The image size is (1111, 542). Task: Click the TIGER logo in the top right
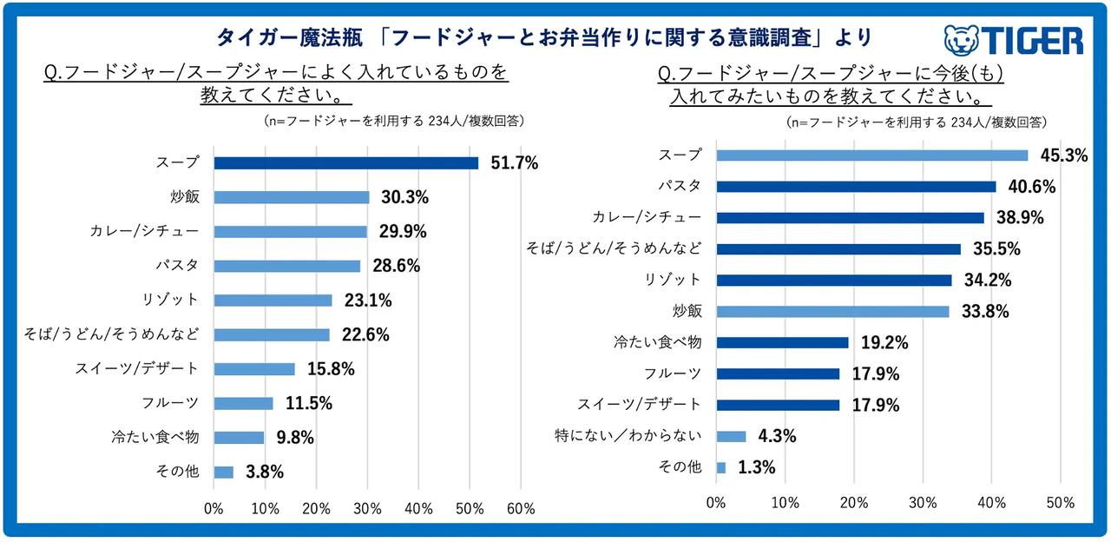click(1013, 41)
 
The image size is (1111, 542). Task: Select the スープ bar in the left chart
click(345, 163)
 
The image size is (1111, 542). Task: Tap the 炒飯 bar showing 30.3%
click(291, 197)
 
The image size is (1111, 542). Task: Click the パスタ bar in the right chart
click(856, 186)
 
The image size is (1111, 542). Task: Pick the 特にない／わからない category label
click(628, 436)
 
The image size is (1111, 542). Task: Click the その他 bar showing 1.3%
click(721, 467)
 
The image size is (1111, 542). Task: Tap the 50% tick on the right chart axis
click(1061, 503)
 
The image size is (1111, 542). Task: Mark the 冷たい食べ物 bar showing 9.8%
click(239, 438)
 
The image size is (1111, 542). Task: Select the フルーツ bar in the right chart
click(778, 373)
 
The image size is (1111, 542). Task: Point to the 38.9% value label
click(1021, 218)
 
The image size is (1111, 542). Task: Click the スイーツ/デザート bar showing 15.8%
click(254, 369)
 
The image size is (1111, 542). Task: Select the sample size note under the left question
click(393, 122)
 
